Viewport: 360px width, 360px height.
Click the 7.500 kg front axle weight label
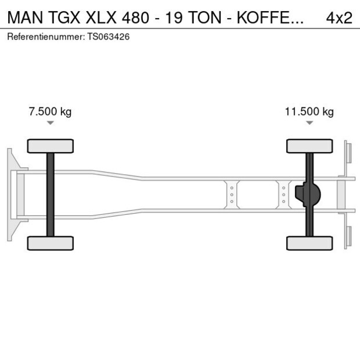pyautogui.click(x=50, y=111)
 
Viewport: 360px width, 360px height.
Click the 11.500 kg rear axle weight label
pyautogui.click(x=309, y=111)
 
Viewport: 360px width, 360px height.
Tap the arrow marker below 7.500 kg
pyautogui.click(x=51, y=123)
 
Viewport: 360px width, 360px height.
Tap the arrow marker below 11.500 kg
pyautogui.click(x=309, y=123)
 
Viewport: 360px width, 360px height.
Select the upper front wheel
pyautogui.click(x=51, y=146)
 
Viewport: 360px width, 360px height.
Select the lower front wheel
pyautogui.click(x=51, y=243)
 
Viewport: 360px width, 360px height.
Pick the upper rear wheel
pyautogui.click(x=309, y=146)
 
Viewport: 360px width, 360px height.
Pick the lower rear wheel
pyautogui.click(x=309, y=243)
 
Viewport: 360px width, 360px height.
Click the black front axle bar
pyautogui.click(x=51, y=195)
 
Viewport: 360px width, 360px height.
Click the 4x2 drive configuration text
pyautogui.click(x=339, y=17)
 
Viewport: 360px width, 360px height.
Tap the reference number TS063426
pyautogui.click(x=109, y=37)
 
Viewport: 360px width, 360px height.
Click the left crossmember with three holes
pyautogui.click(x=232, y=195)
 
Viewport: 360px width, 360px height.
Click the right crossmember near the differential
pyautogui.click(x=283, y=195)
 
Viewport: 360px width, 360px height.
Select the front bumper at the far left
pyautogui.click(x=10, y=195)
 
